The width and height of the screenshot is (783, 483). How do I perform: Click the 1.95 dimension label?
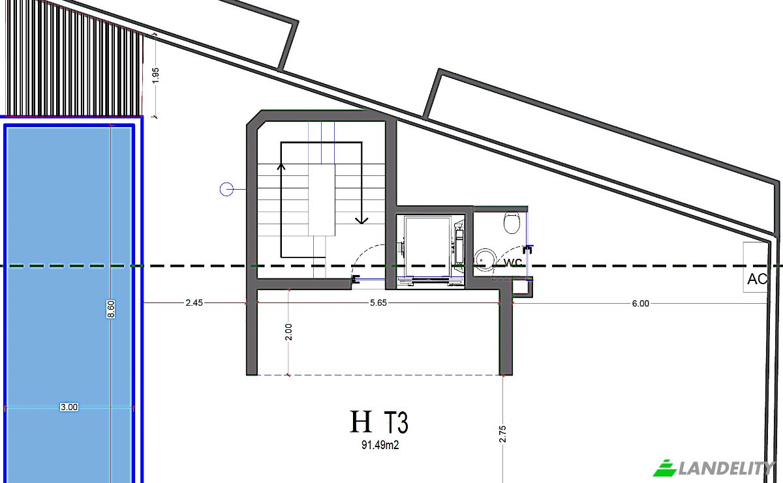pyautogui.click(x=156, y=75)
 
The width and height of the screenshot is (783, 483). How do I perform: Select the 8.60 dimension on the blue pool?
pyautogui.click(x=111, y=309)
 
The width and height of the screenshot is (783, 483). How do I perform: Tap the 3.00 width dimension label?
pyautogui.click(x=69, y=407)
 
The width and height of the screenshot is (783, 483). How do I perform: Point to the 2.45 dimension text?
pyautogui.click(x=194, y=303)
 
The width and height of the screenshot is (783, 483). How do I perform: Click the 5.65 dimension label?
pyautogui.click(x=378, y=303)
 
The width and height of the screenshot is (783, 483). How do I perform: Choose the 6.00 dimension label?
pyautogui.click(x=640, y=304)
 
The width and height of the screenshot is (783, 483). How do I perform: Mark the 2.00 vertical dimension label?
pyautogui.click(x=288, y=332)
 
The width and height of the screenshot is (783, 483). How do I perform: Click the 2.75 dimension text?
pyautogui.click(x=502, y=433)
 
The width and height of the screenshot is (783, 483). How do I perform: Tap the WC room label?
pyautogui.click(x=513, y=262)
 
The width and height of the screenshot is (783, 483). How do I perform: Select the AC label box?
pyautogui.click(x=756, y=267)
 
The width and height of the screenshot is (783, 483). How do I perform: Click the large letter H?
pyautogui.click(x=361, y=422)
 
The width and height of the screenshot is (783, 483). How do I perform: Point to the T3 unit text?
pyautogui.click(x=397, y=422)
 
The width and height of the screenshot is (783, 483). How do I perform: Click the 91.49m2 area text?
pyautogui.click(x=380, y=445)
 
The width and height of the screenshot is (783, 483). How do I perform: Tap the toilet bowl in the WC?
pyautogui.click(x=512, y=222)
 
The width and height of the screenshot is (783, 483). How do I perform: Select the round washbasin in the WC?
pyautogui.click(x=485, y=260)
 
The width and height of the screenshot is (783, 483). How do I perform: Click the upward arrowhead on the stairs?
pyautogui.click(x=281, y=167)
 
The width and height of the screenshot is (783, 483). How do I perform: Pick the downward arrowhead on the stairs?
pyautogui.click(x=361, y=220)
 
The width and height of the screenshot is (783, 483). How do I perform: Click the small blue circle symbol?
pyautogui.click(x=226, y=189)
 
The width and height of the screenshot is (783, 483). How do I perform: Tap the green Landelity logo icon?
pyautogui.click(x=665, y=468)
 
